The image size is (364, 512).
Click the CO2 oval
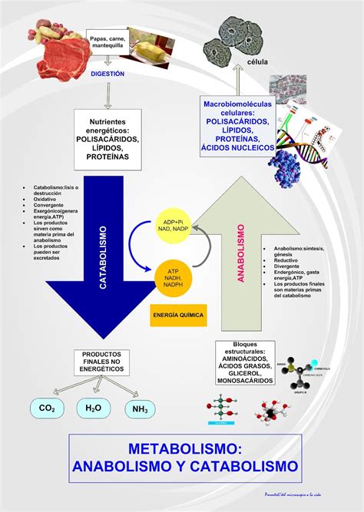pos(47,408)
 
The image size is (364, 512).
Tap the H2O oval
pos(93,408)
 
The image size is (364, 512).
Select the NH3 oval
pos(140,408)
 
